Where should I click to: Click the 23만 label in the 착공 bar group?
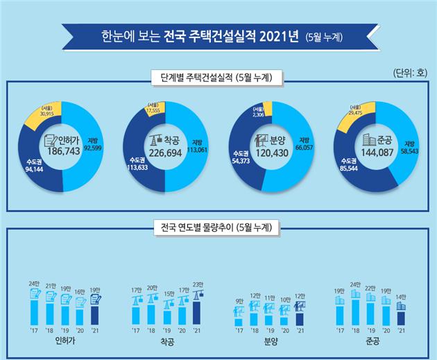[x=198, y=284]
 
